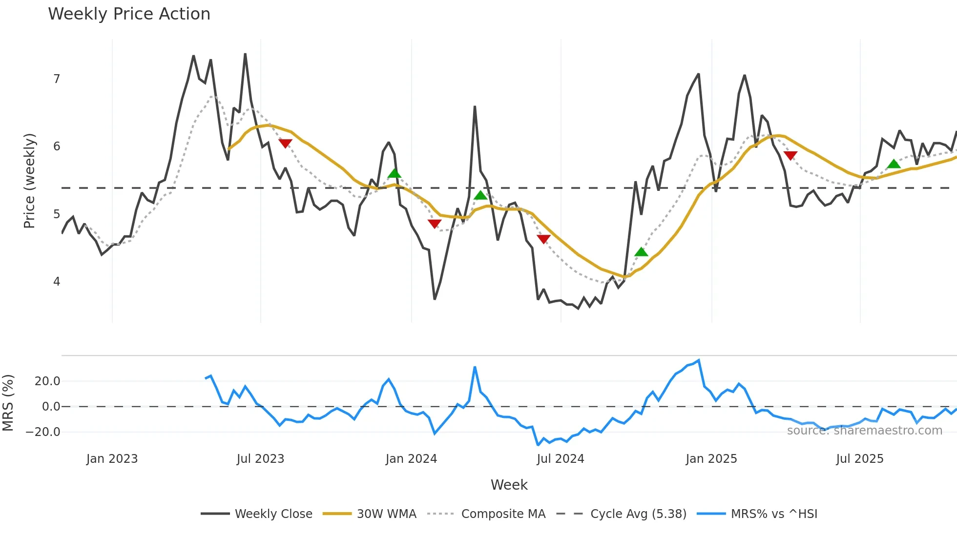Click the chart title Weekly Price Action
(x=129, y=14)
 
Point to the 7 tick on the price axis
(x=57, y=79)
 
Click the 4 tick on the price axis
(x=57, y=282)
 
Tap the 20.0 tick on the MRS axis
(x=47, y=381)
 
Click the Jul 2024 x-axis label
(x=560, y=459)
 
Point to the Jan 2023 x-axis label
(x=112, y=459)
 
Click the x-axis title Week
(x=509, y=485)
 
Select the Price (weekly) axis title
(x=29, y=181)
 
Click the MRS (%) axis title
(x=8, y=403)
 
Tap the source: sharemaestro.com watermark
(x=864, y=431)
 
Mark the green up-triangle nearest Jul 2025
(x=894, y=164)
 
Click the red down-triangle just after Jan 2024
(x=434, y=224)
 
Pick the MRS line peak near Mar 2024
(x=475, y=367)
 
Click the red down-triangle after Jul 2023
(x=285, y=143)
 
